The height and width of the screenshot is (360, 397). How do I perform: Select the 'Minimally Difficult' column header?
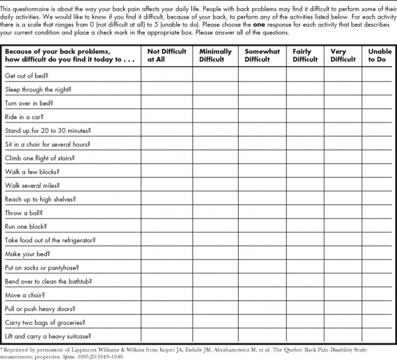pyautogui.click(x=215, y=55)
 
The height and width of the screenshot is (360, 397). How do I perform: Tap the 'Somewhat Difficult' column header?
pyautogui.click(x=261, y=55)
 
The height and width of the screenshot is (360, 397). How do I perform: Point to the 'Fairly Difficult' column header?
pyautogui.click(x=305, y=55)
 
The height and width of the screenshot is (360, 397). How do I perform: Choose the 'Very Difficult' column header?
pyautogui.click(x=343, y=55)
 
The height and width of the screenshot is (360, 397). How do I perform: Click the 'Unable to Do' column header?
pyautogui.click(x=379, y=55)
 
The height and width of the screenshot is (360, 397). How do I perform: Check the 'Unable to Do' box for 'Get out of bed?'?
pyautogui.click(x=379, y=75)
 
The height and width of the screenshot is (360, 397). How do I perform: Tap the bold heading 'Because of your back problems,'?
pyautogui.click(x=57, y=51)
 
